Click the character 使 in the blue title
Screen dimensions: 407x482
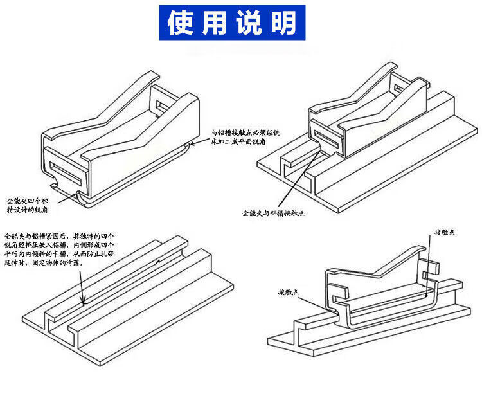(183, 23)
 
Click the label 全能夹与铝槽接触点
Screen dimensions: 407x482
(273, 212)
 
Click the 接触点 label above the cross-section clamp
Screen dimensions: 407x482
(444, 232)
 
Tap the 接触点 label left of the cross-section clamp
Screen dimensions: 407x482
(289, 292)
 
